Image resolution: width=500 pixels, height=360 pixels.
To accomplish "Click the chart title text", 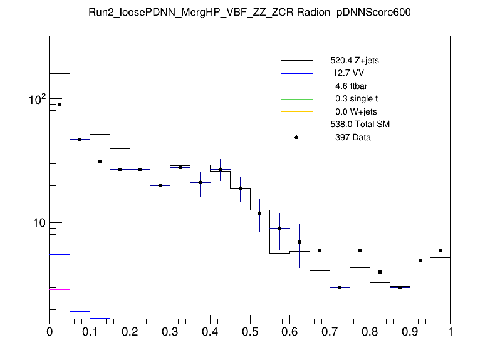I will coord(250,13).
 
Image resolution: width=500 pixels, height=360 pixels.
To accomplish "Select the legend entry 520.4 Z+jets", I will coord(354,61).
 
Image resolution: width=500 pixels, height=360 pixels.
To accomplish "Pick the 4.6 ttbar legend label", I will coord(350,86).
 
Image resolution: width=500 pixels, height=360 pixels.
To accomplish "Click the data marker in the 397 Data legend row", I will coord(296,137).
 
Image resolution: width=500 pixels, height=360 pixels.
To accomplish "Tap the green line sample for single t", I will coord(296,99).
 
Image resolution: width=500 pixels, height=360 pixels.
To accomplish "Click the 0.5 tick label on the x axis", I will coord(250,332).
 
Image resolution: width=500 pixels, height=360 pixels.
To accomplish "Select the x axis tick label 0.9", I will coord(410,332).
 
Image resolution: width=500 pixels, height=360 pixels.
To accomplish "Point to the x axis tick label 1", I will coord(450,332).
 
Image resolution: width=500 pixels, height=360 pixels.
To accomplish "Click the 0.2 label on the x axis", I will coord(130,332).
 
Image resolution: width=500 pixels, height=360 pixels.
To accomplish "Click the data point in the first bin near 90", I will coord(60,105).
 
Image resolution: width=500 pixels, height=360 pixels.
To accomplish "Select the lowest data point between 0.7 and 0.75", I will coord(340,287).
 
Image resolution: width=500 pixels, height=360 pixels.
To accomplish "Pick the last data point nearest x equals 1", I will coord(440,250).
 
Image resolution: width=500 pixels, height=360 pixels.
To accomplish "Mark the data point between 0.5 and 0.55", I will coord(259,213).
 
